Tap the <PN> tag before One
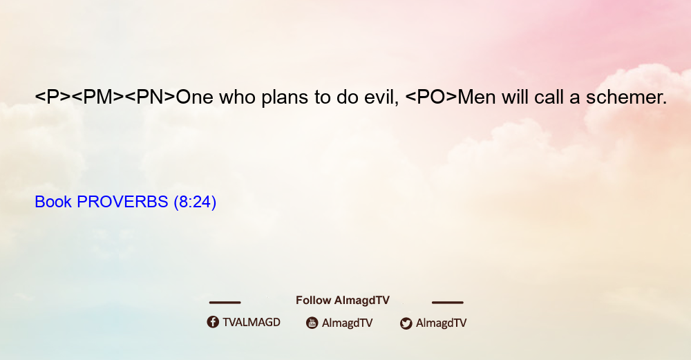[150, 97]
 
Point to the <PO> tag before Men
[431, 97]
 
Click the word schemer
[626, 97]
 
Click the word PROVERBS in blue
[122, 202]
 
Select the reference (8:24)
[195, 202]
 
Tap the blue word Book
[53, 202]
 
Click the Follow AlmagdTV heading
[343, 301]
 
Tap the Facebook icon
[213, 322]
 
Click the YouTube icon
[312, 323]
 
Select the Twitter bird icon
[406, 323]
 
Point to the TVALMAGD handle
[252, 323]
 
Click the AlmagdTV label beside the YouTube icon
[348, 323]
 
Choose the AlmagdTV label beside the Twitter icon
[441, 323]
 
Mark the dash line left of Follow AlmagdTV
[225, 302]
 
